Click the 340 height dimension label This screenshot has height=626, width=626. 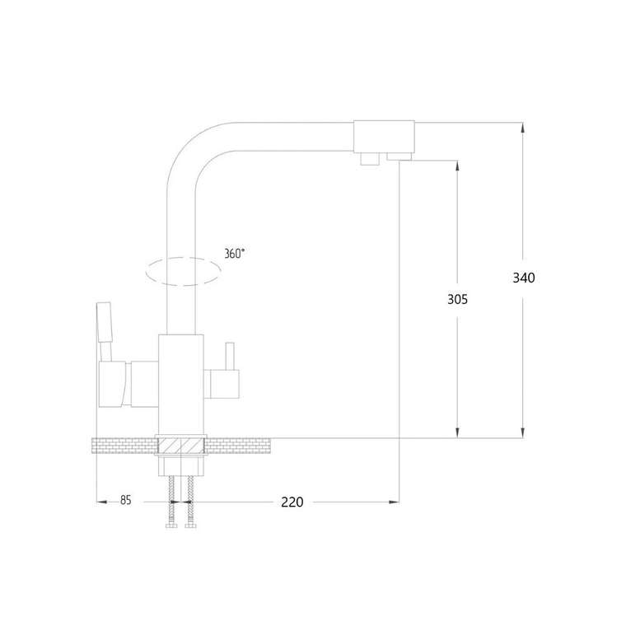coord(524,278)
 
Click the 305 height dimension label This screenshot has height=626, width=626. coord(457,299)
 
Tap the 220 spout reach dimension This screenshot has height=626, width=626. coord(292,502)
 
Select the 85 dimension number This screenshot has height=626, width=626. coord(126,500)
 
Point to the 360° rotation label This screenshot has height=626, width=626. coord(235,254)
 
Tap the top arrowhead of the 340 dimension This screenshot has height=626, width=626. coord(522,128)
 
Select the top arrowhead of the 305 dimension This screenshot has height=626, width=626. coord(457,166)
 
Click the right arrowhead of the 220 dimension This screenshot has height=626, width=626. coord(394,502)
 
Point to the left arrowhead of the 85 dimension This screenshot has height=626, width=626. coord(102,502)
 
